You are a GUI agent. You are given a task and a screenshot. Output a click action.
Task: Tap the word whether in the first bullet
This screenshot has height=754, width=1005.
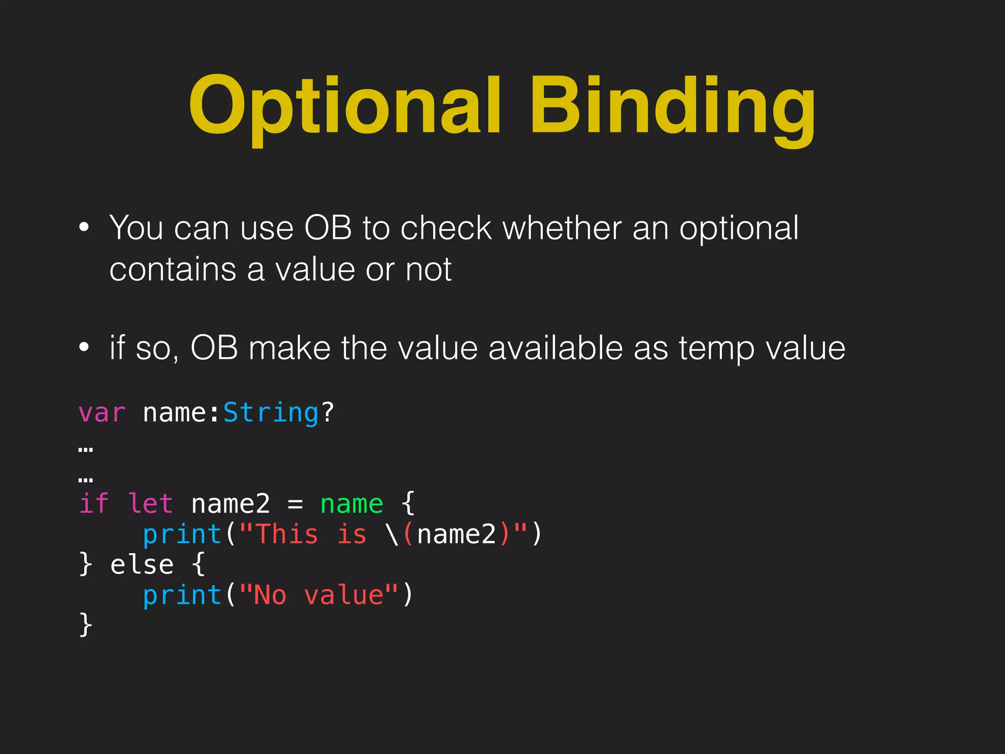(x=562, y=228)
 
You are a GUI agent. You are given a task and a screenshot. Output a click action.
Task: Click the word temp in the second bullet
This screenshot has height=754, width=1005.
(x=717, y=348)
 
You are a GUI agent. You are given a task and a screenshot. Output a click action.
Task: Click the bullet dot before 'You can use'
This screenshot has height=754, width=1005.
(x=84, y=227)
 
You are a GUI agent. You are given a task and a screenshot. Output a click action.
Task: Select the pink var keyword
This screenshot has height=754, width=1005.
(x=102, y=412)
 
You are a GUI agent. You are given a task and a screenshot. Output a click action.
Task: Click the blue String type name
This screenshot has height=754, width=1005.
(x=271, y=412)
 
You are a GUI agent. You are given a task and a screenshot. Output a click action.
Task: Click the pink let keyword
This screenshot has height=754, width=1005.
(x=150, y=504)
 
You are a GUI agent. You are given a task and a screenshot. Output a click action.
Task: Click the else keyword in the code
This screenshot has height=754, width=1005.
(x=142, y=565)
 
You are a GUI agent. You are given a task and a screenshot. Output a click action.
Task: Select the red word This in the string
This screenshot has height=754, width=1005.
(x=287, y=534)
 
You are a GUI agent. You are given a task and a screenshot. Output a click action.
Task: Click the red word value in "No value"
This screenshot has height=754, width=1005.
(x=344, y=595)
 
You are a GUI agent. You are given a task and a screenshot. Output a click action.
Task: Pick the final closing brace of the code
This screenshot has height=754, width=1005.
(x=86, y=624)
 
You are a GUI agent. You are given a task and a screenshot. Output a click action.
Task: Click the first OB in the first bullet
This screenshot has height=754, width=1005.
(x=328, y=228)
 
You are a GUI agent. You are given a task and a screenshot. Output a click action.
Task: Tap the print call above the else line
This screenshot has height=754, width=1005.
(x=182, y=534)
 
